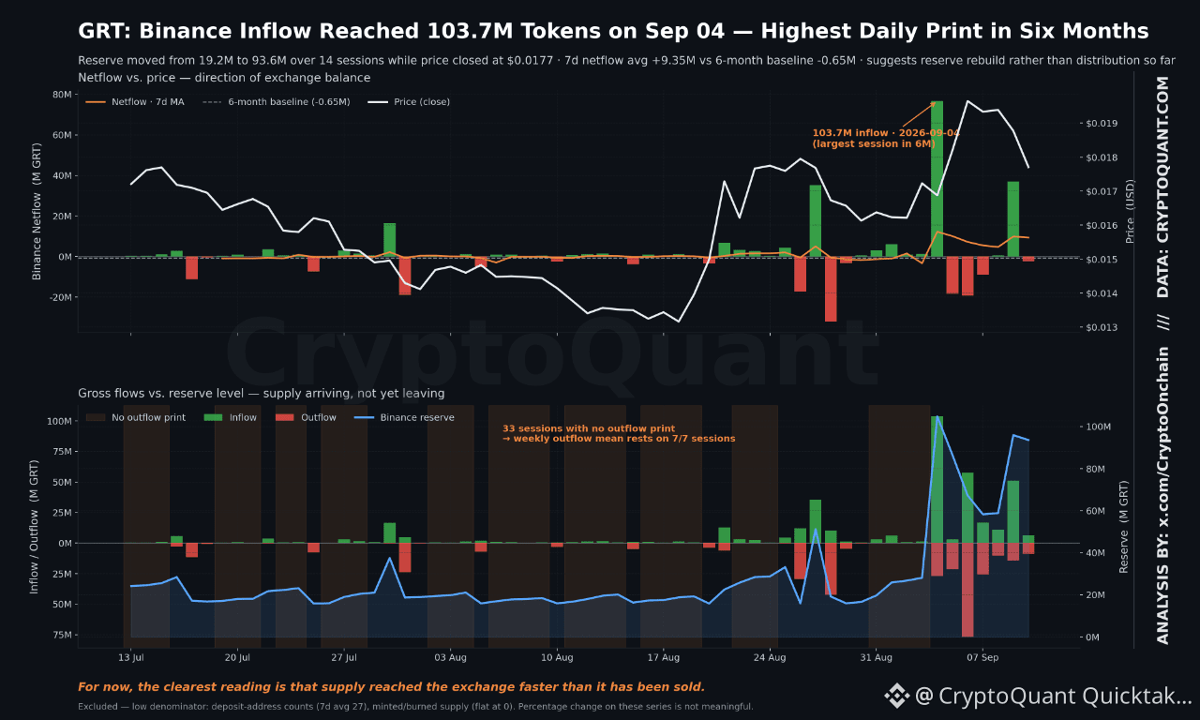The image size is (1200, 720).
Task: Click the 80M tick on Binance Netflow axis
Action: click(62, 95)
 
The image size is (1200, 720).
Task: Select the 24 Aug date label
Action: click(770, 657)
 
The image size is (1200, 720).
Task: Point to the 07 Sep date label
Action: click(982, 657)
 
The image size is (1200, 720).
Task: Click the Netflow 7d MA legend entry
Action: click(135, 102)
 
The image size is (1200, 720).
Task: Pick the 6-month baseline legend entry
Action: click(277, 102)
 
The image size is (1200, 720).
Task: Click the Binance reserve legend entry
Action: click(404, 417)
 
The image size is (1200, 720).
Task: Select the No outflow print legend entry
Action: click(136, 417)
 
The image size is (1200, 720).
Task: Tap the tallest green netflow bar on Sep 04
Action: click(937, 179)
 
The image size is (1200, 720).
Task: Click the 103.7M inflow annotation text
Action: click(885, 138)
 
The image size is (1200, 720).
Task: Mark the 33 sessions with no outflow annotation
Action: click(619, 433)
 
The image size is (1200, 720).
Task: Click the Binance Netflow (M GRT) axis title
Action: click(37, 211)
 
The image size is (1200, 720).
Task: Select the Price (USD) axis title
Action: click(1130, 211)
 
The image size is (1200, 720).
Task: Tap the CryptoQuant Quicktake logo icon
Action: click(897, 696)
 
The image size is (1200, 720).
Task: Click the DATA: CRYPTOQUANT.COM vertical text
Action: click(1162, 187)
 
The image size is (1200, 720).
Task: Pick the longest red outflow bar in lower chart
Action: click(967, 590)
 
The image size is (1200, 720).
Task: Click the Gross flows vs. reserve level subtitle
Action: click(262, 393)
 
